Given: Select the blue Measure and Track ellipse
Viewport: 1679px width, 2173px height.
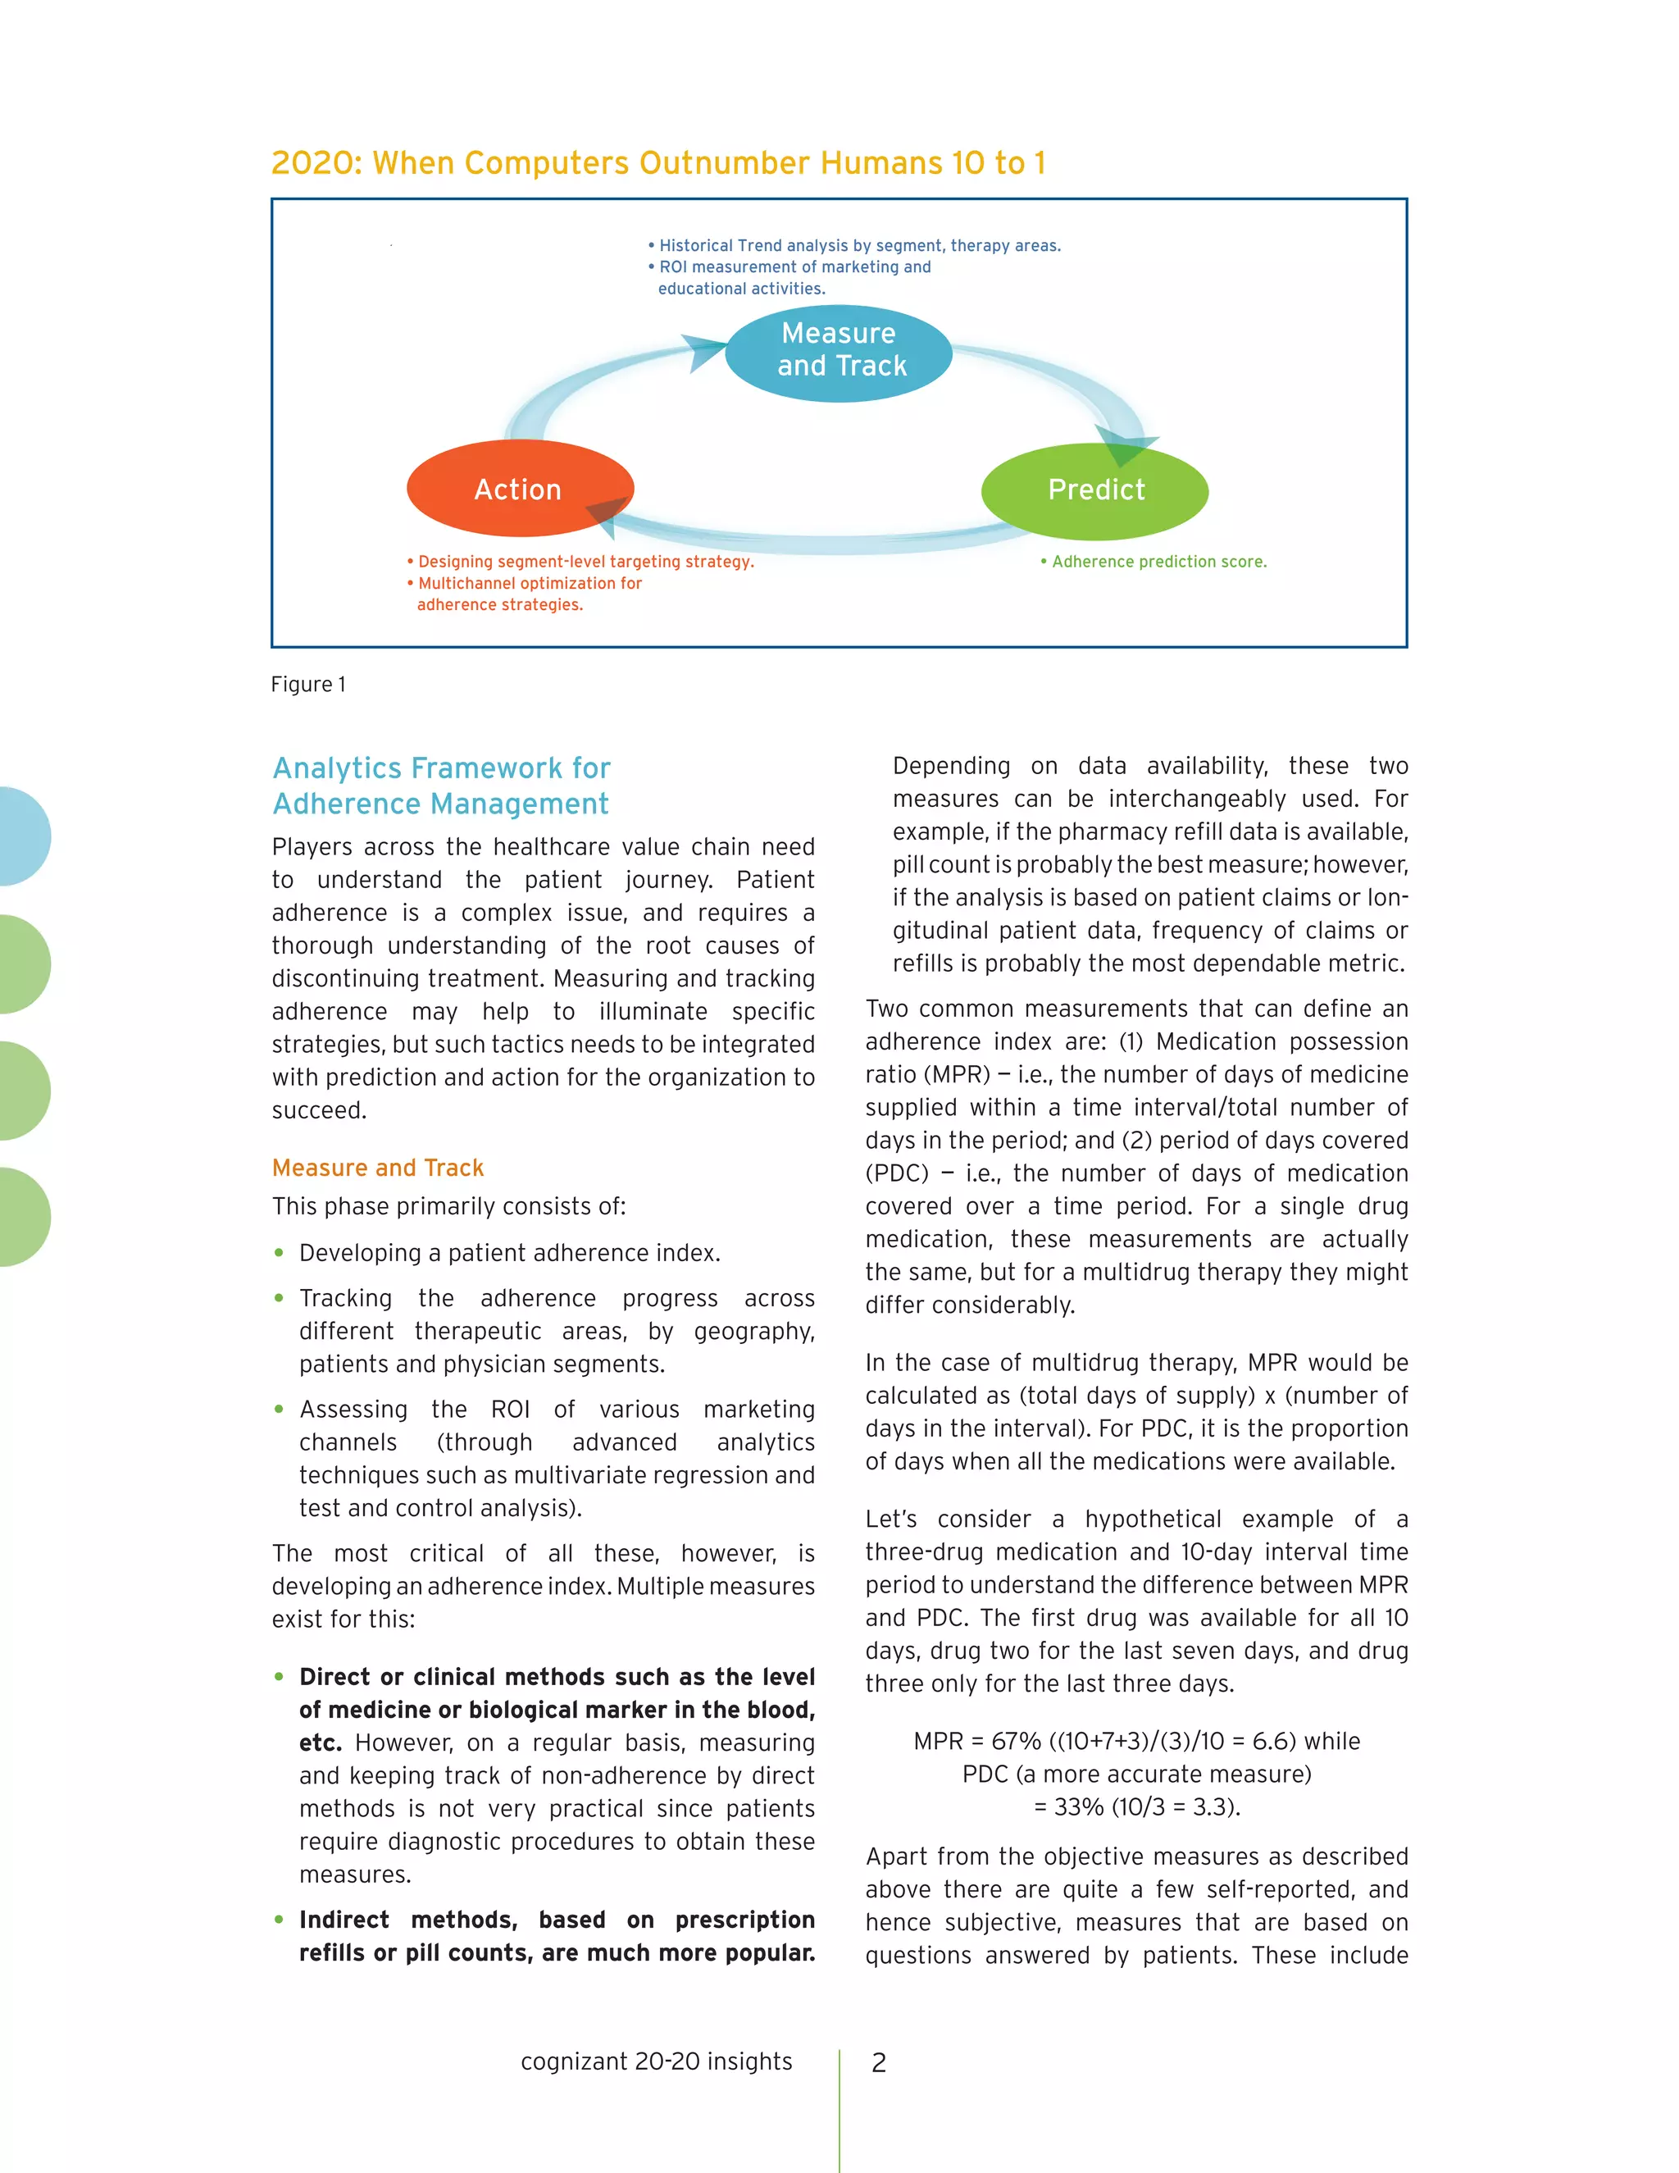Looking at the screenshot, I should (x=839, y=353).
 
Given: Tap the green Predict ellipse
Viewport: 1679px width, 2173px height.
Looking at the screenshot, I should (x=1094, y=491).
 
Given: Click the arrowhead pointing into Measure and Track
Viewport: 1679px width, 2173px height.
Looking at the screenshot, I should (x=708, y=351).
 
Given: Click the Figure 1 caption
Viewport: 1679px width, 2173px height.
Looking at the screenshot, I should (x=308, y=685).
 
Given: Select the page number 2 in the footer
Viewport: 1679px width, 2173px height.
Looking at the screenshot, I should (x=878, y=2062).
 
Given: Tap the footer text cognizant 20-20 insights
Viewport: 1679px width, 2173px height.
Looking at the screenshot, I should (x=657, y=2061).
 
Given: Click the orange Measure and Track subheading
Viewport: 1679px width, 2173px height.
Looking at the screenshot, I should (x=378, y=1167).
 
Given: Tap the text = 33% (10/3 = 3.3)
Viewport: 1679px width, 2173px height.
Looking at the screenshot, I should (x=1137, y=1806).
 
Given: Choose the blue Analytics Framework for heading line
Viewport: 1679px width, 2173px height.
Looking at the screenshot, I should (x=442, y=768).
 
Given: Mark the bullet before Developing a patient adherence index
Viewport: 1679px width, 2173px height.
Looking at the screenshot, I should (x=280, y=1253).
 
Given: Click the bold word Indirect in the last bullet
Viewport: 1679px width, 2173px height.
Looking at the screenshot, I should (x=344, y=1920).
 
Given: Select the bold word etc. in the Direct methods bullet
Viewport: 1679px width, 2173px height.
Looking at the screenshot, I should (x=321, y=1742).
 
